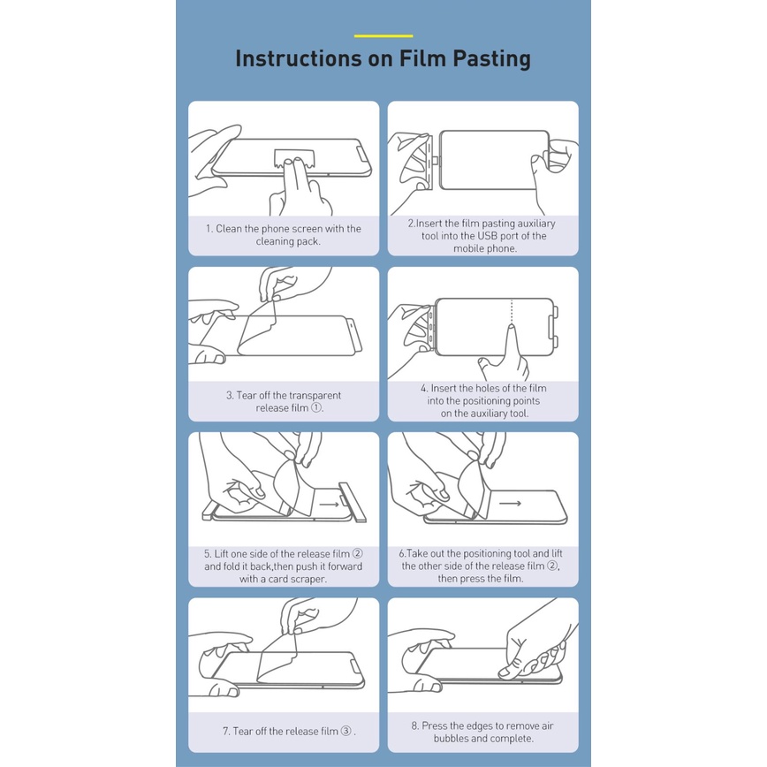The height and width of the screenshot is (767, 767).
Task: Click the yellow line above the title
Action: pos(383,35)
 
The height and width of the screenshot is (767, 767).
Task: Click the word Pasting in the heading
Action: pos(491,58)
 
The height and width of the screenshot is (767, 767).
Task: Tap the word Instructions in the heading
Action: pos(299,57)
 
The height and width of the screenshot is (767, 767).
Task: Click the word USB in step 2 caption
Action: pos(487,236)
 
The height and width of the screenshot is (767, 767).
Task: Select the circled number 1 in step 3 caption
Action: pos(316,407)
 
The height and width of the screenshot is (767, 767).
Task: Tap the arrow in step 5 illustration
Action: pos(330,505)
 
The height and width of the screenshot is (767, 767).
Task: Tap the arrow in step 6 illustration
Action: pos(510,503)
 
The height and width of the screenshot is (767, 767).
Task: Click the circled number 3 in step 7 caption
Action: pos(346,731)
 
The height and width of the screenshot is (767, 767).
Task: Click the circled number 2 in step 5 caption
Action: pos(358,554)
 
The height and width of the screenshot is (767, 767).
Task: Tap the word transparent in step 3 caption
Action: pos(314,395)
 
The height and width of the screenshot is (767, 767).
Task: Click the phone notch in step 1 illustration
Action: pos(362,153)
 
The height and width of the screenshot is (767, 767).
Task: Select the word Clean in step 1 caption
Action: pos(229,229)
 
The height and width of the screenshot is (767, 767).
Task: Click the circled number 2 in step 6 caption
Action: pos(552,566)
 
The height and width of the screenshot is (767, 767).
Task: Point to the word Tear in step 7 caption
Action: pos(243,732)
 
